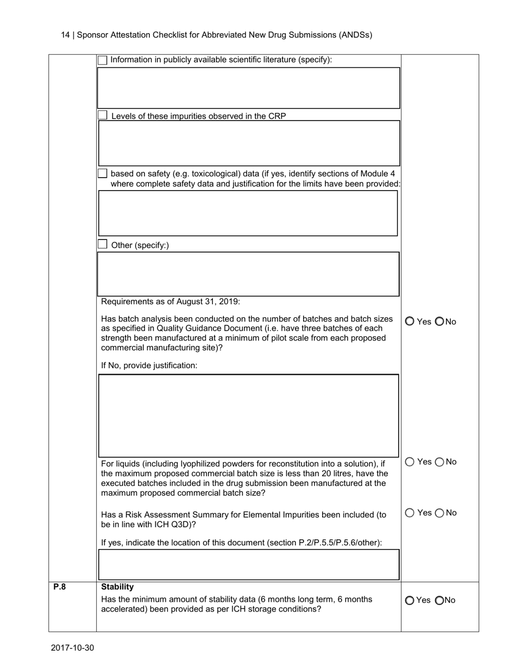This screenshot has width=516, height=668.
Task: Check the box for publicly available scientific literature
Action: click(102, 60)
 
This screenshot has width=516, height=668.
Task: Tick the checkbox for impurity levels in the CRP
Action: click(102, 115)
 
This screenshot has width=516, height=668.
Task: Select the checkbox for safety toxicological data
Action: click(102, 173)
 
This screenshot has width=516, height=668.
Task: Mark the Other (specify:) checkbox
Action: click(102, 244)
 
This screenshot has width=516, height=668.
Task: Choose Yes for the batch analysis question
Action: click(410, 322)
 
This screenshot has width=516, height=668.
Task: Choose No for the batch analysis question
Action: click(439, 322)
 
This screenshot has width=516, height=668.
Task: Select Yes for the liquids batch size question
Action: click(410, 462)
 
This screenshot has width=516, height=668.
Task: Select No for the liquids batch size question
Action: click(439, 462)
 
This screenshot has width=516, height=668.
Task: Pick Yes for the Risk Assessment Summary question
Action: click(410, 513)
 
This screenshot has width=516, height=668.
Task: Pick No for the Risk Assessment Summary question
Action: click(439, 513)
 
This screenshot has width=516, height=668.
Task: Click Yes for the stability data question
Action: click(410, 600)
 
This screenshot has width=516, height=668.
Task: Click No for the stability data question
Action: click(439, 600)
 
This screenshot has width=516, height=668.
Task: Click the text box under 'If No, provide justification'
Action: click(248, 415)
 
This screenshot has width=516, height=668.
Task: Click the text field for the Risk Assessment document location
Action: click(248, 565)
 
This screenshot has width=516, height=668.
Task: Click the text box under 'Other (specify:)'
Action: click(248, 274)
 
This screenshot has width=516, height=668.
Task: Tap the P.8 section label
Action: click(59, 587)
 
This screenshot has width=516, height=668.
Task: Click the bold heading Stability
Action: click(117, 587)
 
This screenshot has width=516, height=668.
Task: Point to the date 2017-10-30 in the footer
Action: click(73, 647)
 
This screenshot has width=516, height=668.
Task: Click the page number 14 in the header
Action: click(65, 35)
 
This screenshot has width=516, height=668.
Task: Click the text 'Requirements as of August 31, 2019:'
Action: click(171, 302)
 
